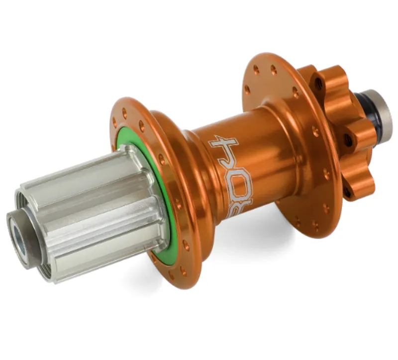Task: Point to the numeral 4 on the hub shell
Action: [224, 147]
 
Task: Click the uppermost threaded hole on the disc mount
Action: [319, 84]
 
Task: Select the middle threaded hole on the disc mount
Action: [348, 140]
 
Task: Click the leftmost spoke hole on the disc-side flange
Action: [247, 90]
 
